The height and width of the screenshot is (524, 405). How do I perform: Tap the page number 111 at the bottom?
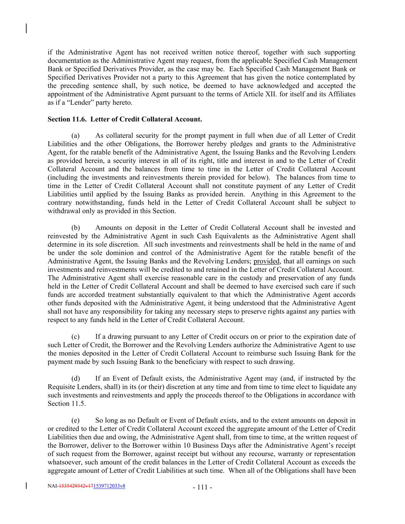coord(202,488)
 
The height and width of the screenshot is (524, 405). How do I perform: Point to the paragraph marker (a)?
coord(75,136)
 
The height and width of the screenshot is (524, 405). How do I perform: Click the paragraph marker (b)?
coord(76,228)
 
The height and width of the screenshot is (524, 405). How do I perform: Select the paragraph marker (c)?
coord(75,337)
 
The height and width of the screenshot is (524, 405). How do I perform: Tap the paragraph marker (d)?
coord(76,379)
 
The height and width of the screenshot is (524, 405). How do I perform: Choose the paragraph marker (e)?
coord(75,420)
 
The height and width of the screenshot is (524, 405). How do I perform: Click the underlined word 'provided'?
coord(266,261)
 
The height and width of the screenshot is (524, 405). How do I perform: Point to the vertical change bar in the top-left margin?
coord(26,28)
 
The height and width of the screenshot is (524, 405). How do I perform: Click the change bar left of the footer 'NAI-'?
coord(26,486)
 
